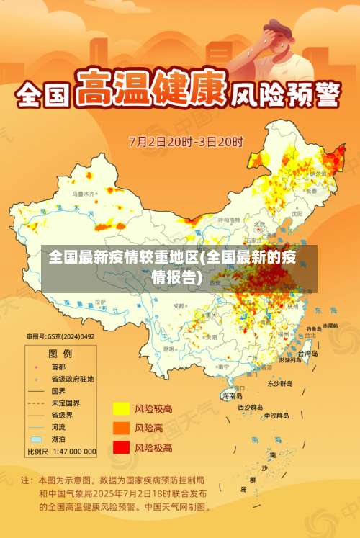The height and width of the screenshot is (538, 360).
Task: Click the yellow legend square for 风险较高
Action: [120, 408]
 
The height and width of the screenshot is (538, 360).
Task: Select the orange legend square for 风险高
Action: [120, 428]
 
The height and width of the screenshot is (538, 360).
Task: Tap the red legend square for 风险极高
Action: [120, 447]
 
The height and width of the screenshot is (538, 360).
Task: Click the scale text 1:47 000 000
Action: [71, 452]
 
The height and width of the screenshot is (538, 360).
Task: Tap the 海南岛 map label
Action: [232, 396]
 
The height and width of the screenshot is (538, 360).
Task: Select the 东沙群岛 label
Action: [279, 384]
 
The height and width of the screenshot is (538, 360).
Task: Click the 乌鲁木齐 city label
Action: [83, 194]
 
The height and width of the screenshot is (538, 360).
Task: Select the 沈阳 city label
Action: [297, 214]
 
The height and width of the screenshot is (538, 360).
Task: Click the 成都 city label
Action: [179, 306]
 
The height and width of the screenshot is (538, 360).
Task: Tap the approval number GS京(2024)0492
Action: [61, 336]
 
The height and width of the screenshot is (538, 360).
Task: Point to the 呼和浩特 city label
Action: [230, 220]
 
